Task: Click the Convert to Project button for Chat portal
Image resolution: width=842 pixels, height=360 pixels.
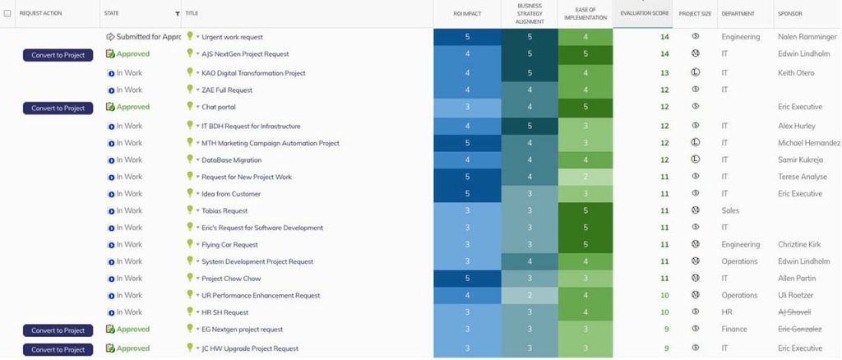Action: (58, 108)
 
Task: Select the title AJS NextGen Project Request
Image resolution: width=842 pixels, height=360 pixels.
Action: (245, 54)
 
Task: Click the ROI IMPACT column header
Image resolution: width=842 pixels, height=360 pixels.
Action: (466, 14)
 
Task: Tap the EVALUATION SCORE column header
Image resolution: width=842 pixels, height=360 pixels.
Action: (645, 14)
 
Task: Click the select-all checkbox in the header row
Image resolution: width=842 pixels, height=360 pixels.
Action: (7, 14)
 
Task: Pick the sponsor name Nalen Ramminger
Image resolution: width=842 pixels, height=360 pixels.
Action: (808, 37)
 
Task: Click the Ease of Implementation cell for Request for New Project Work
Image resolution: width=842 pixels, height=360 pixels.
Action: (585, 177)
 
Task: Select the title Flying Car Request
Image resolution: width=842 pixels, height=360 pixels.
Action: (229, 245)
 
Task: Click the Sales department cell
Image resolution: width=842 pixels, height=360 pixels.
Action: (730, 211)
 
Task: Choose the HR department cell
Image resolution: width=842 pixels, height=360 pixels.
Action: (726, 312)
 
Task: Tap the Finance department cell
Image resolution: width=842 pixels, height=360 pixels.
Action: (734, 330)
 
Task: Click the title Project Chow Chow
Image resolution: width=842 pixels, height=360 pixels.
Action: (231, 279)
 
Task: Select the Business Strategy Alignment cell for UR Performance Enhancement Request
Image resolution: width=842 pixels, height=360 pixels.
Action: (530, 295)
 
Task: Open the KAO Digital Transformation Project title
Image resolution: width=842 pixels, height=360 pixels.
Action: (253, 73)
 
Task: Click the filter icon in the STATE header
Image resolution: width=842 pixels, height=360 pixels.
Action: (178, 14)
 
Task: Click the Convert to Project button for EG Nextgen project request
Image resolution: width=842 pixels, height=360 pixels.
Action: (58, 330)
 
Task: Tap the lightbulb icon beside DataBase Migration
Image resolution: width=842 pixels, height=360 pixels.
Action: (190, 159)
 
